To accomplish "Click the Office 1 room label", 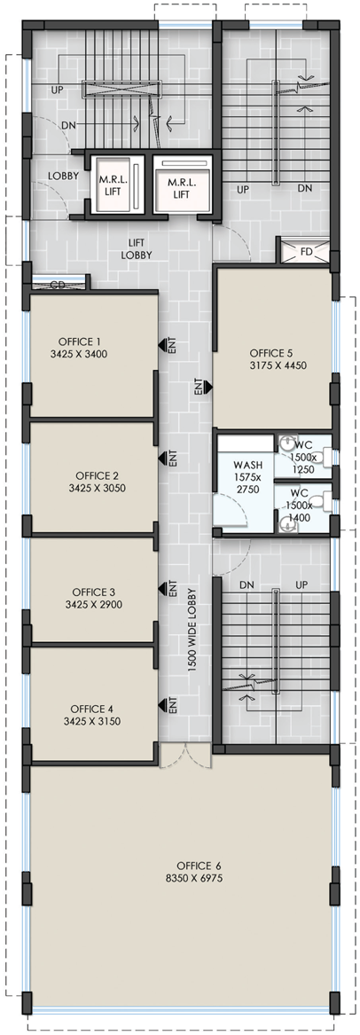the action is click(x=80, y=341).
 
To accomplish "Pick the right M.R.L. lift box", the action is click(x=184, y=185).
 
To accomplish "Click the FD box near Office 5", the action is click(x=305, y=252).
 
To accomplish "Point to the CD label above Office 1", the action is click(x=58, y=285).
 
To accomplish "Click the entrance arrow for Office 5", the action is click(x=207, y=387).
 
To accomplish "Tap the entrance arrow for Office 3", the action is click(x=160, y=587).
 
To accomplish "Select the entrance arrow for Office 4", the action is click(x=160, y=706).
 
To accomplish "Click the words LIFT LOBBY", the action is click(x=137, y=249).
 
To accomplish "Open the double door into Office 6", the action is click(x=185, y=755).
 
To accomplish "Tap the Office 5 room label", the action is click(x=271, y=352).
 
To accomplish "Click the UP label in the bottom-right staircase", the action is click(x=302, y=585).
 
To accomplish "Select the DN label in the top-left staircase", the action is click(x=68, y=125).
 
